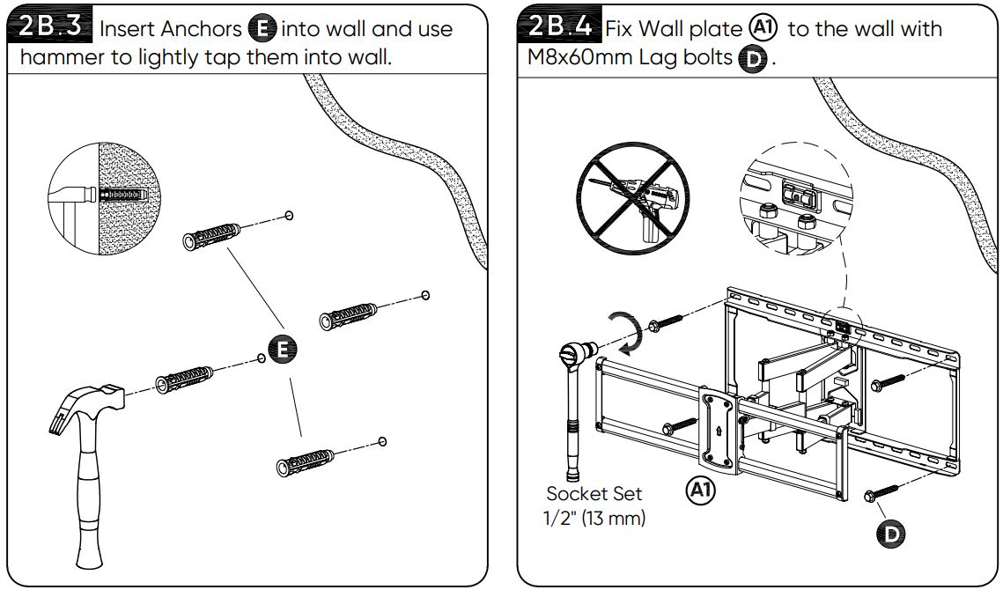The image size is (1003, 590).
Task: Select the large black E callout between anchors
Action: click(x=282, y=350)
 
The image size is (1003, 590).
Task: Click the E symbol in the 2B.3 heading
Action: click(x=262, y=29)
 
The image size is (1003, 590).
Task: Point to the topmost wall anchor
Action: click(x=210, y=232)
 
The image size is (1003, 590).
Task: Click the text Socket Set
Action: click(x=594, y=493)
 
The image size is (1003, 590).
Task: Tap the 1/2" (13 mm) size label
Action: click(x=594, y=518)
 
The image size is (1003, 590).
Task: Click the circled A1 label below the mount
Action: click(x=701, y=490)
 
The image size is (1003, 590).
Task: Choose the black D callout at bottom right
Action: click(x=891, y=532)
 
